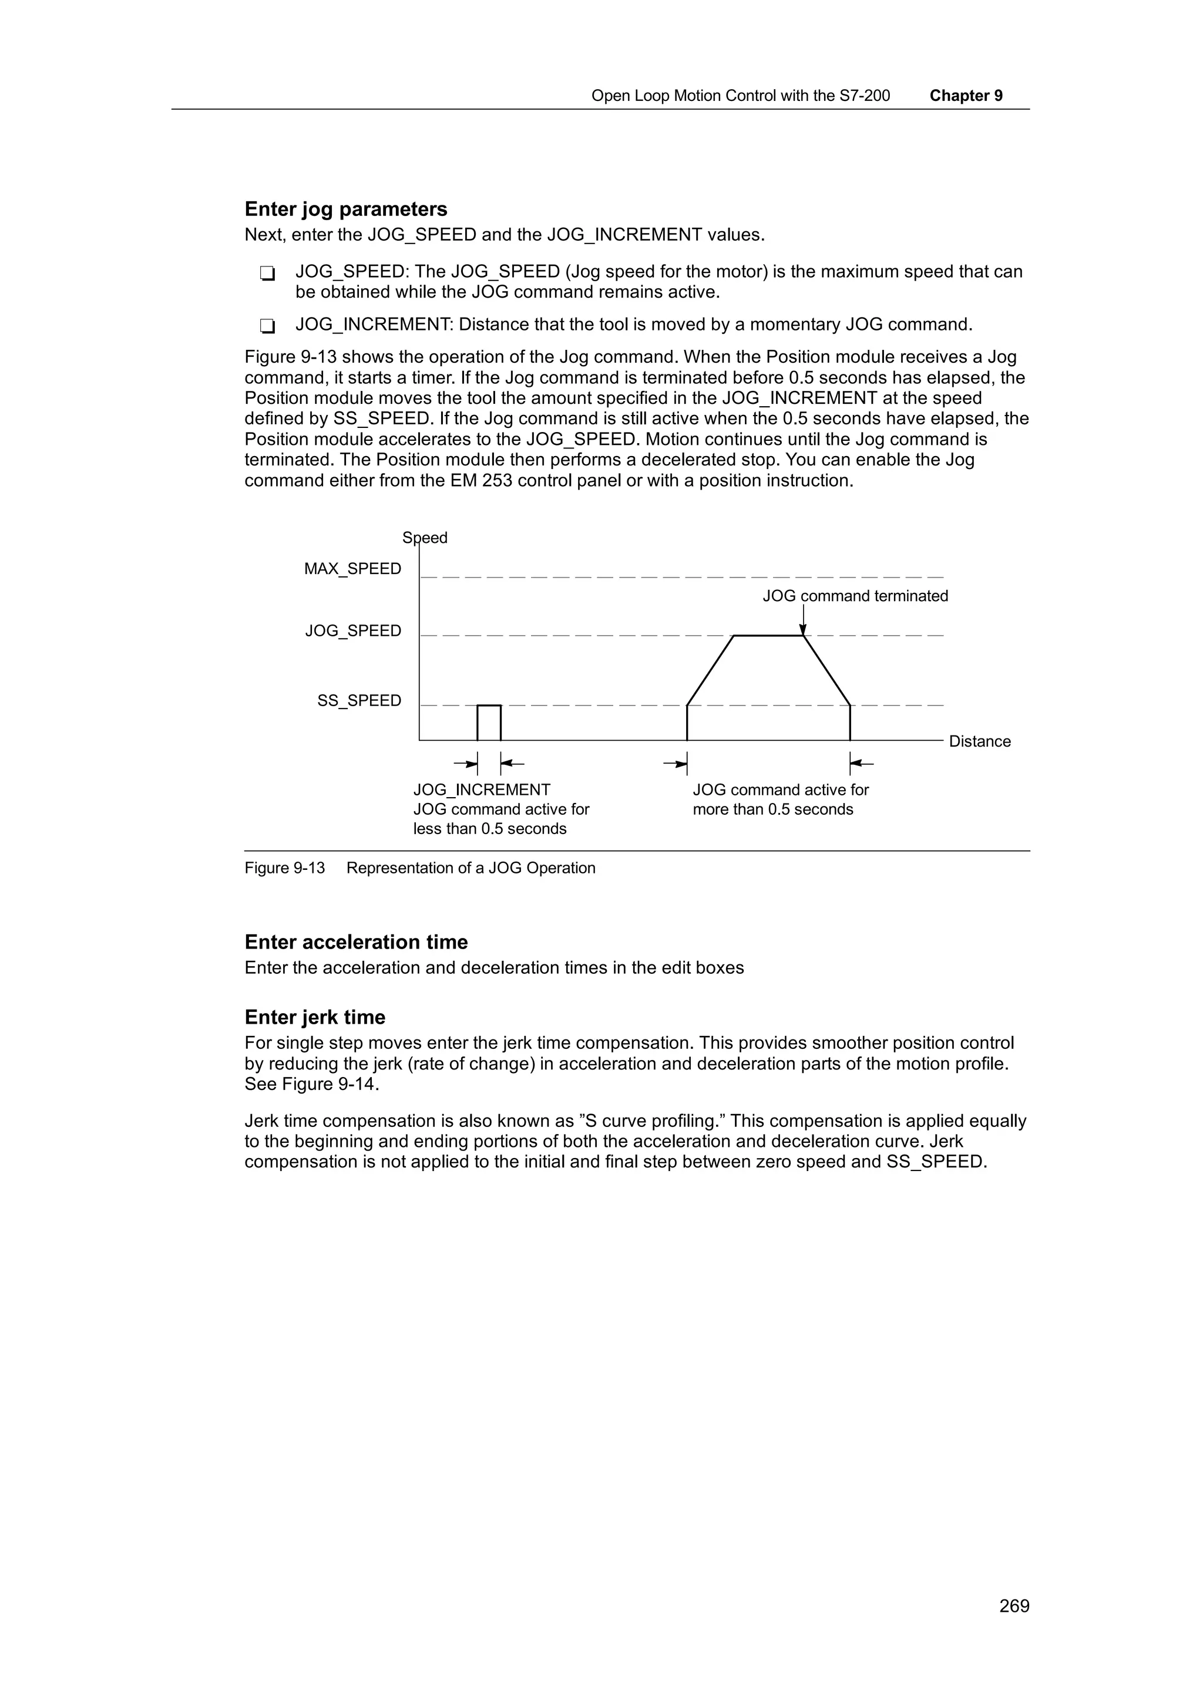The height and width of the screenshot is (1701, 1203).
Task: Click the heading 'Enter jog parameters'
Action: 345,209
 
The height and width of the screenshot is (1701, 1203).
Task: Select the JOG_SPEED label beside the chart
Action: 353,630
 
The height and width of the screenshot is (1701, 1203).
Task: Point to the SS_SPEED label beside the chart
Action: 359,700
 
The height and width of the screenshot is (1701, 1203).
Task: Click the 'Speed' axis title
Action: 425,537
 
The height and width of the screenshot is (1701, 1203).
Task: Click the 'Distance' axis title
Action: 979,741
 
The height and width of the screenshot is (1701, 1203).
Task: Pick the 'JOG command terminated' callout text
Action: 855,596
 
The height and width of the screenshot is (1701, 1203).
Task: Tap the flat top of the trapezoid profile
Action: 768,635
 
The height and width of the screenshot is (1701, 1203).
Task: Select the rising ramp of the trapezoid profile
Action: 710,670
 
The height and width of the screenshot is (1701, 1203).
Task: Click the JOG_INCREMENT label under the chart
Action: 482,790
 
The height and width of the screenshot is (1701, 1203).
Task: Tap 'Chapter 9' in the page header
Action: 965,96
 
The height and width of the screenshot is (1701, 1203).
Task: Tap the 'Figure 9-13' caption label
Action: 285,868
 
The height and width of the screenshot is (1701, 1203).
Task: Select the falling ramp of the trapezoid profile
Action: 826,670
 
